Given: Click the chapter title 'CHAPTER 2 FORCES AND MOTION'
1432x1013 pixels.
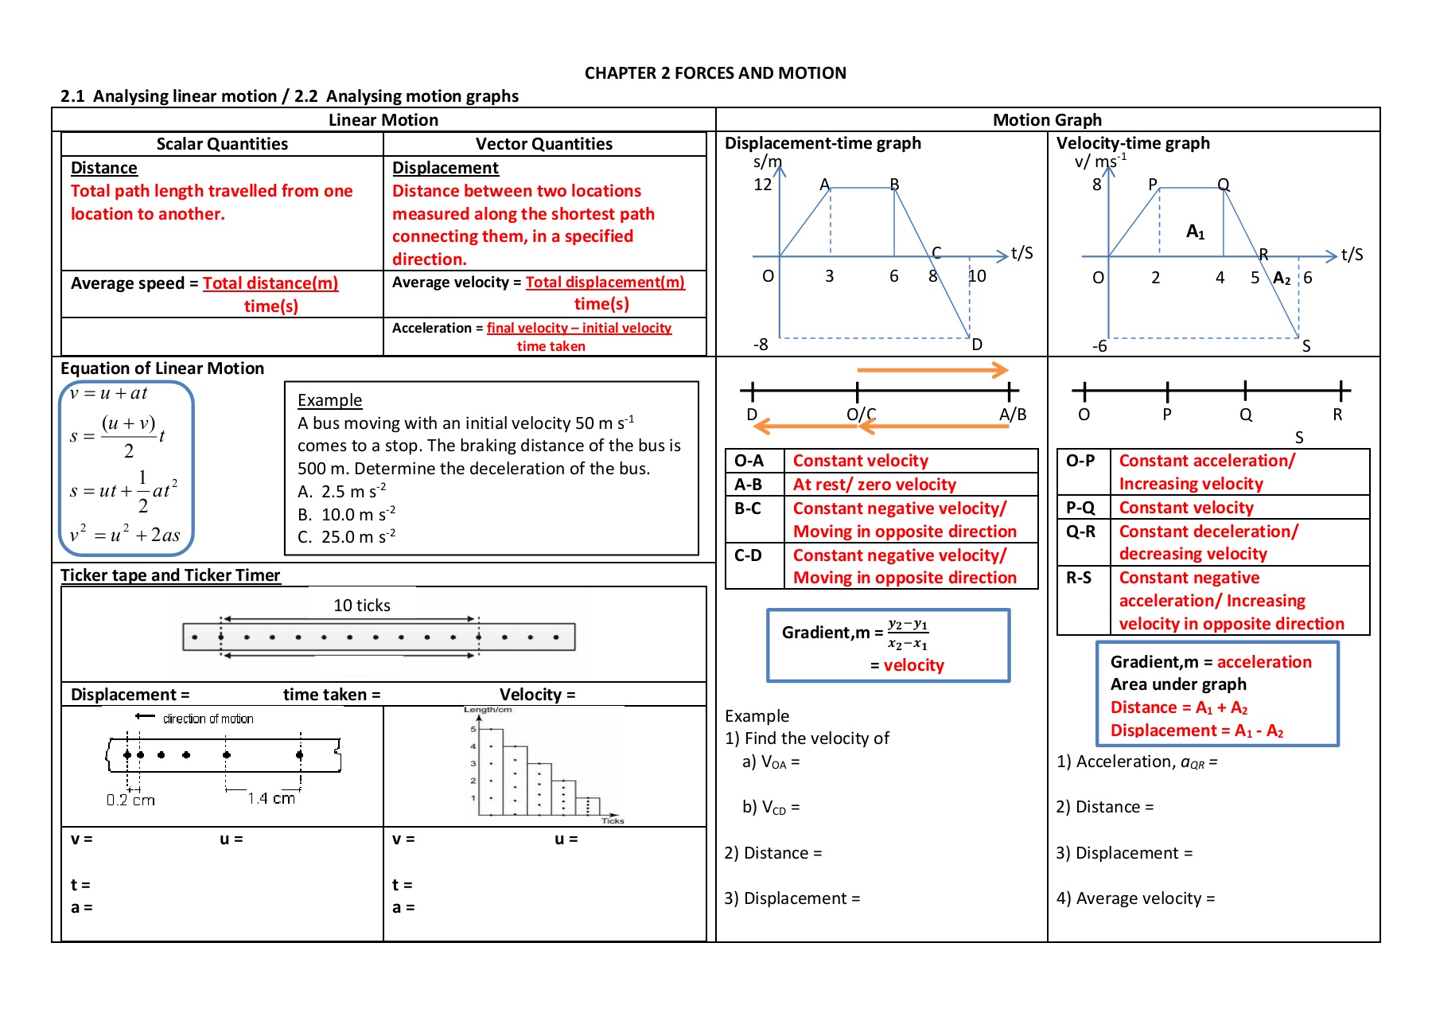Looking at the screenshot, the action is tap(715, 73).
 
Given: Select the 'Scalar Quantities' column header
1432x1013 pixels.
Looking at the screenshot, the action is tap(222, 144).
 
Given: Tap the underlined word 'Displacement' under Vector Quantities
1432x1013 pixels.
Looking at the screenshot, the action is tap(446, 168).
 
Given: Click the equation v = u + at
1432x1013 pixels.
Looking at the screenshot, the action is tap(108, 393).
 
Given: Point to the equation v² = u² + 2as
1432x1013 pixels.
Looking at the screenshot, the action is tap(125, 534).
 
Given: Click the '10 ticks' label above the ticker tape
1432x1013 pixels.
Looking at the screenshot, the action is tap(362, 606).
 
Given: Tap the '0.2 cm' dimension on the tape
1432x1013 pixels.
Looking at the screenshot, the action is tap(130, 800).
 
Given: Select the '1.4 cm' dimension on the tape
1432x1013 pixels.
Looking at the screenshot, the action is tap(271, 798).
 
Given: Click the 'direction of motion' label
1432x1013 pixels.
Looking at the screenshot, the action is tap(208, 719).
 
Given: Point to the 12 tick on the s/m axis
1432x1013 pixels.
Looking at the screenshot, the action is tap(762, 185).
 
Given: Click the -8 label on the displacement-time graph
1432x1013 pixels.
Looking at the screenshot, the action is tap(761, 345).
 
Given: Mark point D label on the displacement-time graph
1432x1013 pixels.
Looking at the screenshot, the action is tap(977, 345).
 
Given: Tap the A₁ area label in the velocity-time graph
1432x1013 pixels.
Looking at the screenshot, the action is tap(1196, 232).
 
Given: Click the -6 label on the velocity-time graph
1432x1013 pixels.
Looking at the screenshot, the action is tap(1099, 346).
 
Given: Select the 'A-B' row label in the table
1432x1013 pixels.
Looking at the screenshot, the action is tap(748, 485).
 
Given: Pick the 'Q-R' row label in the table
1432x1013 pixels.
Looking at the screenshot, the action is tap(1080, 531).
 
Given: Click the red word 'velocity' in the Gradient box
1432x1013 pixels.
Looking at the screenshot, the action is tap(914, 665).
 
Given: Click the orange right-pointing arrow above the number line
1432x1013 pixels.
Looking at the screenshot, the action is tap(932, 370).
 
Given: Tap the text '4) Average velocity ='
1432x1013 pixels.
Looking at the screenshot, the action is tap(1135, 898).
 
